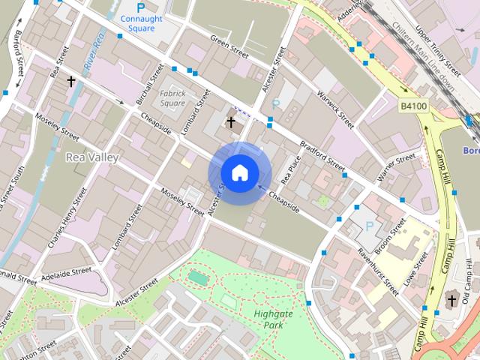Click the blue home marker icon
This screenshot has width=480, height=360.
pos(239,172)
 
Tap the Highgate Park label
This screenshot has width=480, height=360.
pos(268,319)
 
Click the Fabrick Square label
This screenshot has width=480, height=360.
pos(172,97)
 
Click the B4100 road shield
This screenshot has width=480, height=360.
pos(413,107)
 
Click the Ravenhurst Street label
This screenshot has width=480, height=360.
pos(377,270)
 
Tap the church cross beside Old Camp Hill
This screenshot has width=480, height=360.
pos(451,301)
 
